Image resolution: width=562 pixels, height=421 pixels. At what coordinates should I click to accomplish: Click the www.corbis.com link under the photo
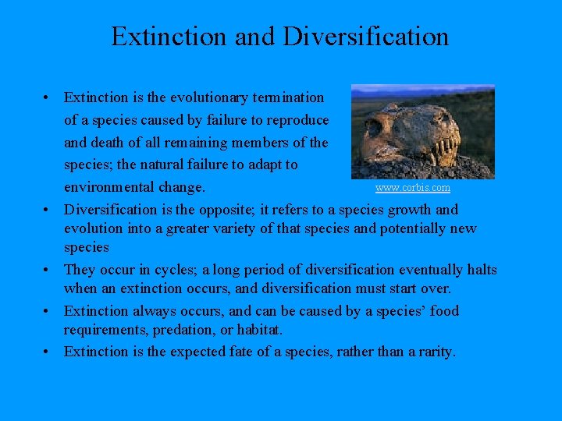(x=412, y=188)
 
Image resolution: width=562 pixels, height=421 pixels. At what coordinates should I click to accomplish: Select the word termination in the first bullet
(x=286, y=97)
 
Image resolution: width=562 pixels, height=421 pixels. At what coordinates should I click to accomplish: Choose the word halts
(x=480, y=270)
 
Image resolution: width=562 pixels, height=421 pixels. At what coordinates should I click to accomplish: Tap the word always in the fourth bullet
(x=155, y=311)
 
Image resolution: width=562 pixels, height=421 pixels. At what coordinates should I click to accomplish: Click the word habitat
(x=258, y=330)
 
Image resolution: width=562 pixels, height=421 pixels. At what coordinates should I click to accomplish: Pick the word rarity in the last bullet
(x=432, y=352)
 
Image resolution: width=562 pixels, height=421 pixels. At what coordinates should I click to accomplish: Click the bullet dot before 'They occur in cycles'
(x=48, y=270)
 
